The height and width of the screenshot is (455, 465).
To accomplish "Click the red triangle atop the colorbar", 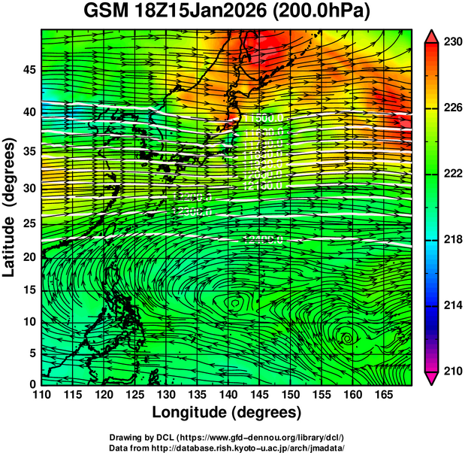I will coord(431,36).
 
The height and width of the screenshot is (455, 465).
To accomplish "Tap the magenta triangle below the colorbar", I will coord(431,378).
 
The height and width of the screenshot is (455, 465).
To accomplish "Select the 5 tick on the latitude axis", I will coord(31,353).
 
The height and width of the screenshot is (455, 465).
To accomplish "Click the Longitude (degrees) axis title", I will coord(227,413).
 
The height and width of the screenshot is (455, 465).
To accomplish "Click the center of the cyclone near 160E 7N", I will coord(346,338).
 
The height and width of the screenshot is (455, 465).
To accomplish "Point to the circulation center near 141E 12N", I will coord(236,303).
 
